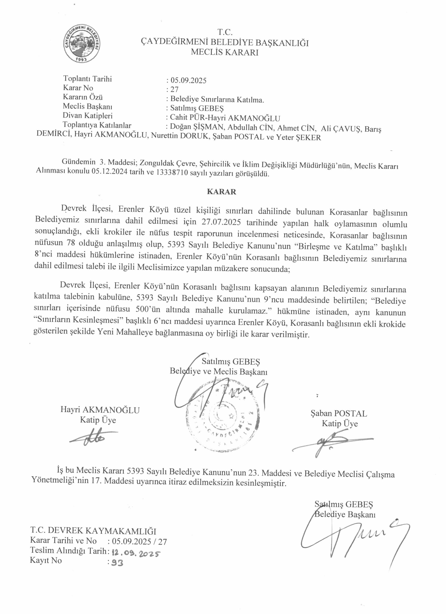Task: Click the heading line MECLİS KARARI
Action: pos(225,52)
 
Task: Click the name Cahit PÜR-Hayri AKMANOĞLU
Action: pos(225,118)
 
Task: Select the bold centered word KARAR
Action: pos(221,192)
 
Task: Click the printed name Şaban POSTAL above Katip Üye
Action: pos(339,413)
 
